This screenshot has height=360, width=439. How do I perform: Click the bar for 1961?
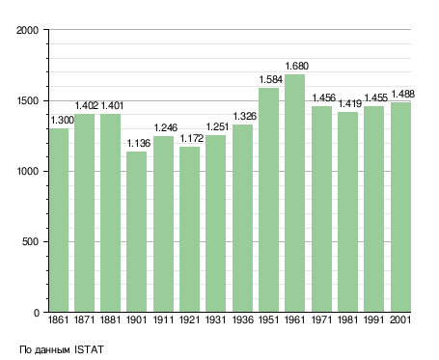(294, 193)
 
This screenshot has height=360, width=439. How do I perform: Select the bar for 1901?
(136, 232)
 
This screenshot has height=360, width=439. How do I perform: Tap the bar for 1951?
(268, 200)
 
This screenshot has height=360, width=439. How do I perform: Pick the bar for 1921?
(189, 229)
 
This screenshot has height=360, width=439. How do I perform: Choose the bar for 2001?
(400, 207)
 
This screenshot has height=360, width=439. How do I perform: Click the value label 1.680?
(297, 66)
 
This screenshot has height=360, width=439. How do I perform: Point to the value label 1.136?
(139, 143)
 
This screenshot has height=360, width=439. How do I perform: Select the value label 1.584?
(271, 79)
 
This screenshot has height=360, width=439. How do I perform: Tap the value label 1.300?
(63, 121)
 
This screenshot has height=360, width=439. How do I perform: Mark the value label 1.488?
(402, 94)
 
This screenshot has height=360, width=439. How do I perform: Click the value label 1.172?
(192, 138)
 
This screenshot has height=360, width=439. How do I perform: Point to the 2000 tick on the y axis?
(27, 30)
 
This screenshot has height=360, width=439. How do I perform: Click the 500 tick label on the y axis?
(30, 241)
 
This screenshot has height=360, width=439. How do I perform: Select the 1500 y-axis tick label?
(27, 100)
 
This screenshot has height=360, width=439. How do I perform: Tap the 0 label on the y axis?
(36, 313)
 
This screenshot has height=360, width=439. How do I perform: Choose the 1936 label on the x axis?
(242, 319)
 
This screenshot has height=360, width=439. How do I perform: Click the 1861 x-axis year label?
(58, 319)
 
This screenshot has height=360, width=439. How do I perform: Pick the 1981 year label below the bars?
(347, 319)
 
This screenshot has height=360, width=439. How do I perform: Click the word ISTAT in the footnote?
(89, 349)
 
